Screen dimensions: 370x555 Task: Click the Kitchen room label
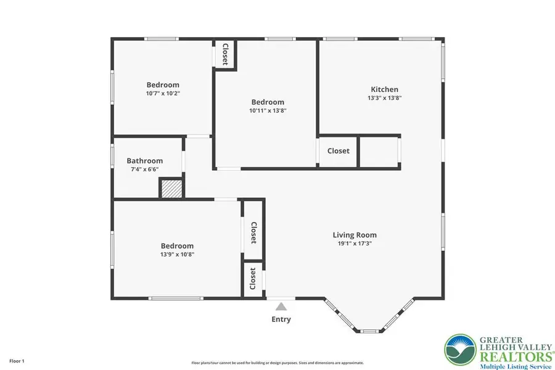[384, 89]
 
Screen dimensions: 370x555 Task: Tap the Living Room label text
[355, 235]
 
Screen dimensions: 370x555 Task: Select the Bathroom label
[145, 161]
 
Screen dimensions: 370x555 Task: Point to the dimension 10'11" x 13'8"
[268, 111]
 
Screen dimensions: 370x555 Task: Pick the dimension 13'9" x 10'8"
[178, 254]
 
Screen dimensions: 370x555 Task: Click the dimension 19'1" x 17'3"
[355, 244]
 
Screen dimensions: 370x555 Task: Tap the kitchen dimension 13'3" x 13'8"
[384, 98]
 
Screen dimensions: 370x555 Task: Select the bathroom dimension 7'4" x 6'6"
[145, 170]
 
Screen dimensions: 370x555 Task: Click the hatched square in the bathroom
[171, 189]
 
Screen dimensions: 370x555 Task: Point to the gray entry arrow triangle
[281, 306]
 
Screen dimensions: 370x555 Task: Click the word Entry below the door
[281, 319]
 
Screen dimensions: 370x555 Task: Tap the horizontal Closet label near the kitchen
[338, 151]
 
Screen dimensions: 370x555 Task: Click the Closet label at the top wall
[225, 54]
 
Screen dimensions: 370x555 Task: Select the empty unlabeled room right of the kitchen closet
[379, 152]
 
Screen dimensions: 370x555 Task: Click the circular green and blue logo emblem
[459, 350]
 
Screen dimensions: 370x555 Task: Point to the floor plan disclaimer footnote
[277, 363]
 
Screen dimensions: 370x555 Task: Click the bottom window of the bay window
[369, 331]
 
